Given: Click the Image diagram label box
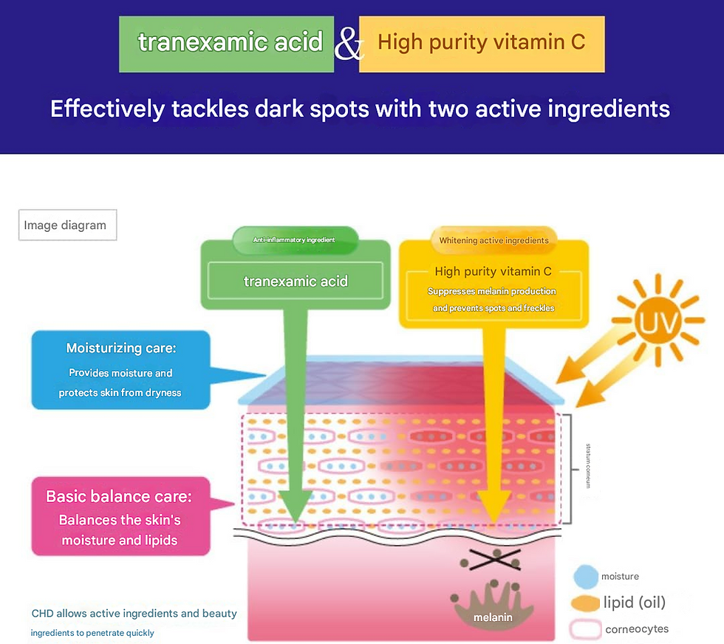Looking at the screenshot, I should tap(67, 225).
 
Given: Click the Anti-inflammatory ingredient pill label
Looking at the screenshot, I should tap(296, 240).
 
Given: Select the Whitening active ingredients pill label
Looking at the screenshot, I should tap(494, 240).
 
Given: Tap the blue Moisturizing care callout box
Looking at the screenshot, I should tap(120, 369).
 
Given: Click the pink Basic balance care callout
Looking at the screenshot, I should tap(120, 516).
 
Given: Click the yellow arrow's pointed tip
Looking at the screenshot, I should tap(493, 523).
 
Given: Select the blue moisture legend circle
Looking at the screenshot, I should tap(585, 576).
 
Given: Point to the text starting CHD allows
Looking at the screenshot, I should tap(134, 614).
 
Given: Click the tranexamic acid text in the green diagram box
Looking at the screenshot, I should tap(296, 281).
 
